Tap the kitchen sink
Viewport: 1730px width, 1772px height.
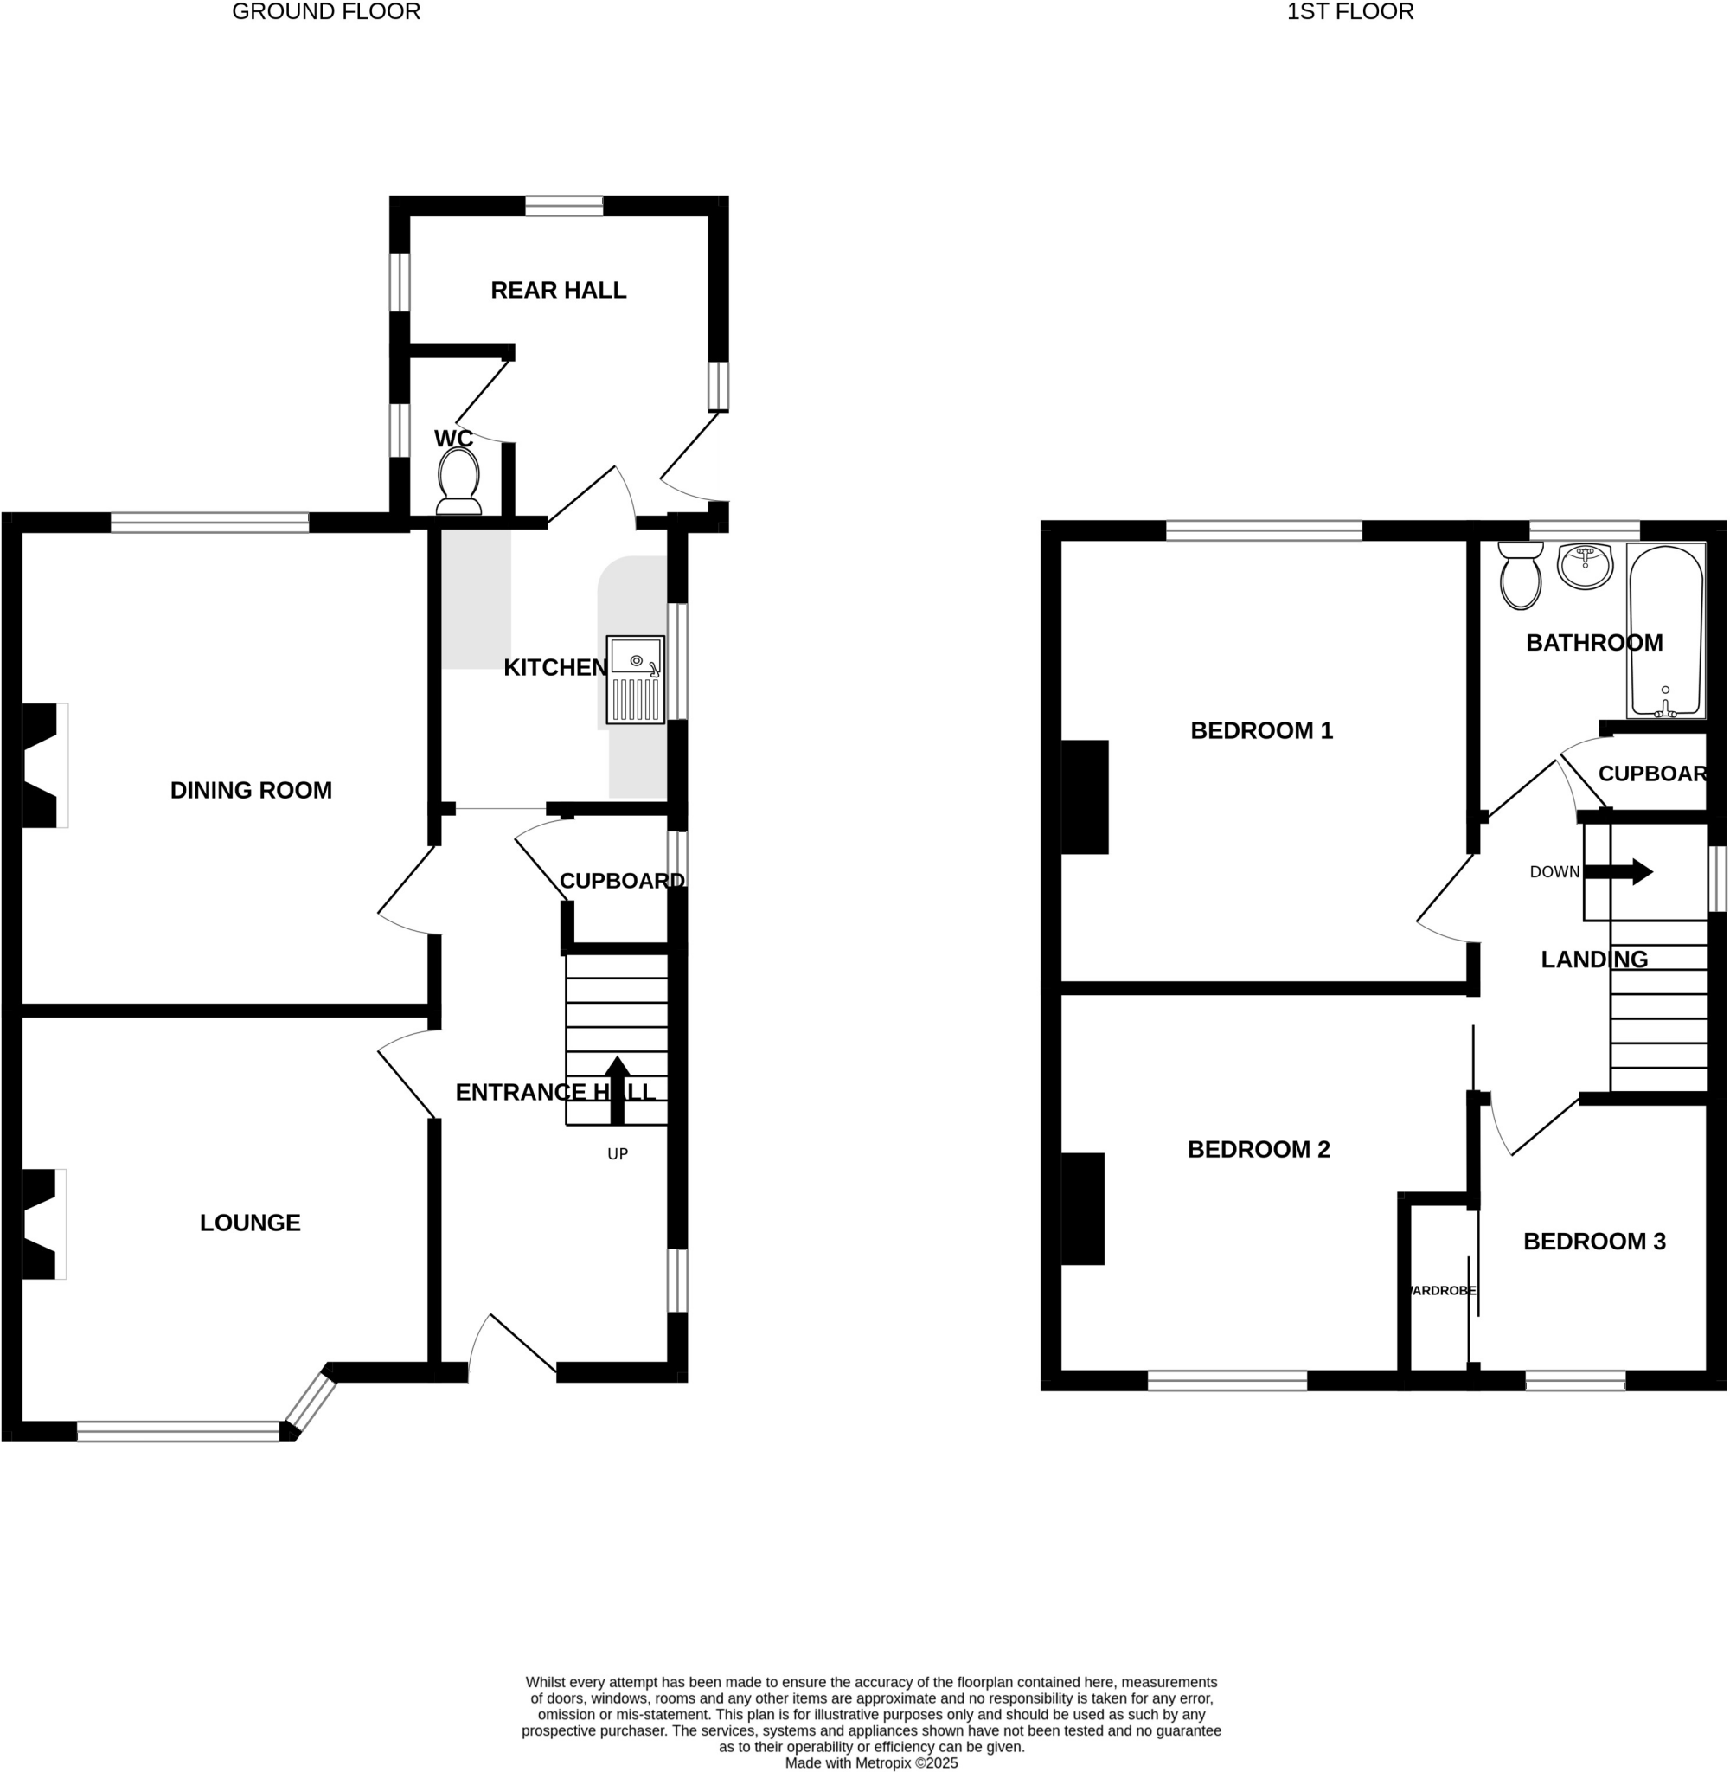click(635, 679)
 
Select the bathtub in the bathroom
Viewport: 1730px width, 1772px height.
click(1664, 631)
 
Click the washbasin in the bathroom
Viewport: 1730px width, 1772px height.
click(1585, 565)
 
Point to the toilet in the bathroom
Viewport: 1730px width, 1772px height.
click(1520, 575)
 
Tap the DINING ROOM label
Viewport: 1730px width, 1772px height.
click(251, 790)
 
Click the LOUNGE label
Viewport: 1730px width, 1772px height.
click(250, 1223)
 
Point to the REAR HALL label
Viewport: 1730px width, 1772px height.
click(558, 290)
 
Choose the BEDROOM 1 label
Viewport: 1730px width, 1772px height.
click(1261, 729)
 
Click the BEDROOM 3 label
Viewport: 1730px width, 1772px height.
click(1593, 1242)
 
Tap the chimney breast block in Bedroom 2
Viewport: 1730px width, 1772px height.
click(1082, 1209)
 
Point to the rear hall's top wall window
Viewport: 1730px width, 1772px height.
click(563, 206)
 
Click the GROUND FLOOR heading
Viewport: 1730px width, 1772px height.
click(326, 12)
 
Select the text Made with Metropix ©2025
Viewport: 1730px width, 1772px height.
click(871, 1762)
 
